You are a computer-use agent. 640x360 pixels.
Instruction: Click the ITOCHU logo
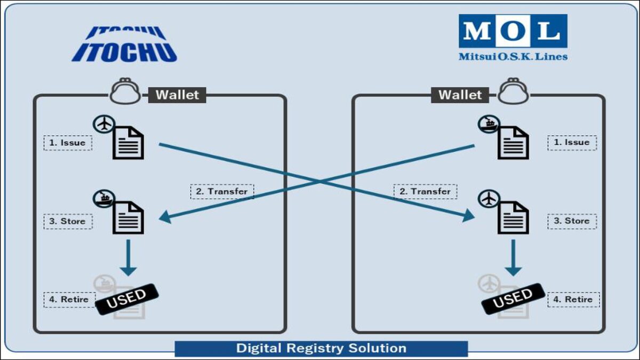click(124, 44)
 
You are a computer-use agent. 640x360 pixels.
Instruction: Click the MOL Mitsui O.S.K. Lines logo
click(513, 37)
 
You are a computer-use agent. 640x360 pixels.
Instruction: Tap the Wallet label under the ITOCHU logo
click(178, 95)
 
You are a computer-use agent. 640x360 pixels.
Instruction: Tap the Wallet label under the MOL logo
click(460, 95)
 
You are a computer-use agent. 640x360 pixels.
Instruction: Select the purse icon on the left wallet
click(125, 91)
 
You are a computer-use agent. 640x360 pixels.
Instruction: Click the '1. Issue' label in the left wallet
click(68, 143)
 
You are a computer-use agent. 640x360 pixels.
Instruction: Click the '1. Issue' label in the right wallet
click(572, 142)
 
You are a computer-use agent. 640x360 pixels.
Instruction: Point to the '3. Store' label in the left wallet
click(68, 221)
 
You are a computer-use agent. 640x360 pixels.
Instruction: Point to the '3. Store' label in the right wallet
click(572, 221)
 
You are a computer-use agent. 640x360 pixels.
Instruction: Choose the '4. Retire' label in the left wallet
click(69, 299)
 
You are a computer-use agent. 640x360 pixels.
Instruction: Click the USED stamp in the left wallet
click(127, 299)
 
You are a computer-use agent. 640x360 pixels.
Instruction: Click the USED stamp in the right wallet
click(513, 299)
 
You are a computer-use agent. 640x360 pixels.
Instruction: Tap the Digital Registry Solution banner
click(321, 349)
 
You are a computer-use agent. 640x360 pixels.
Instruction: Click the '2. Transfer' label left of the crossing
click(222, 191)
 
